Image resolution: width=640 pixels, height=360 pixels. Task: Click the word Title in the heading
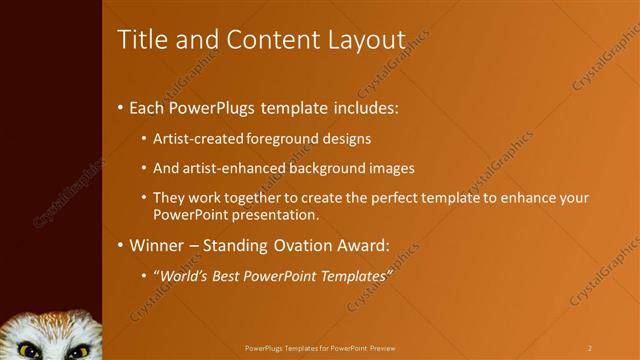pyautogui.click(x=139, y=40)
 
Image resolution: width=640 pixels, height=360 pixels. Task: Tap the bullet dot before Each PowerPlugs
pyautogui.click(x=121, y=105)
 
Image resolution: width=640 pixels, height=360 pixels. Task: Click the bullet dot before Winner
pyautogui.click(x=121, y=245)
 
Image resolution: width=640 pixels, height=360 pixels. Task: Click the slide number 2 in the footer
pyautogui.click(x=590, y=348)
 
